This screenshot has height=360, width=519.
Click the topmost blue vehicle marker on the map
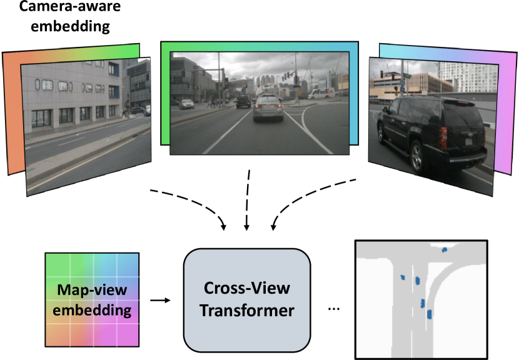(x=444, y=250)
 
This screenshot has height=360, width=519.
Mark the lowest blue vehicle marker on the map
(x=429, y=315)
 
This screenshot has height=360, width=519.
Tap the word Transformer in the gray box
(x=246, y=310)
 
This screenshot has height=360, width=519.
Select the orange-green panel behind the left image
(x=13, y=112)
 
